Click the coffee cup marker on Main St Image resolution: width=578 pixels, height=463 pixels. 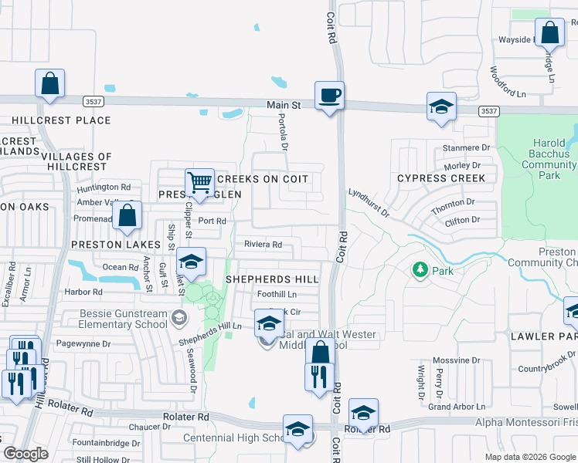pyautogui.click(x=329, y=96)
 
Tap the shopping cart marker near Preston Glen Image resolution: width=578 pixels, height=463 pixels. pyautogui.click(x=199, y=183)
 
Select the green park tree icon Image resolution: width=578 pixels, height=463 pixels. pyautogui.click(x=420, y=270)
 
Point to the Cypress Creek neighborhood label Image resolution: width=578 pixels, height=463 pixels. pyautogui.click(x=441, y=178)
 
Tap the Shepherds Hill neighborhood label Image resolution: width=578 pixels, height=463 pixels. pyautogui.click(x=271, y=279)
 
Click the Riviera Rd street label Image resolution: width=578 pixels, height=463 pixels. pyautogui.click(x=263, y=245)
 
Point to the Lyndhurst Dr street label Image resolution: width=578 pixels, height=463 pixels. pyautogui.click(x=368, y=202)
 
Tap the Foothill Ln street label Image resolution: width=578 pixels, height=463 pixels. pyautogui.click(x=277, y=294)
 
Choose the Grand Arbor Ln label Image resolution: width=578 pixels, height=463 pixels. pyautogui.click(x=457, y=407)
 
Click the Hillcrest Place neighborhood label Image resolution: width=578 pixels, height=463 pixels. pyautogui.click(x=61, y=120)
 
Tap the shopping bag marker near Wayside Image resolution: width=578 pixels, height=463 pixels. pyautogui.click(x=549, y=33)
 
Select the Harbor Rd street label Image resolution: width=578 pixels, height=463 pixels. pyautogui.click(x=84, y=292)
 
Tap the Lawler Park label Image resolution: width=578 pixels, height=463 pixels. pyautogui.click(x=542, y=336)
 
